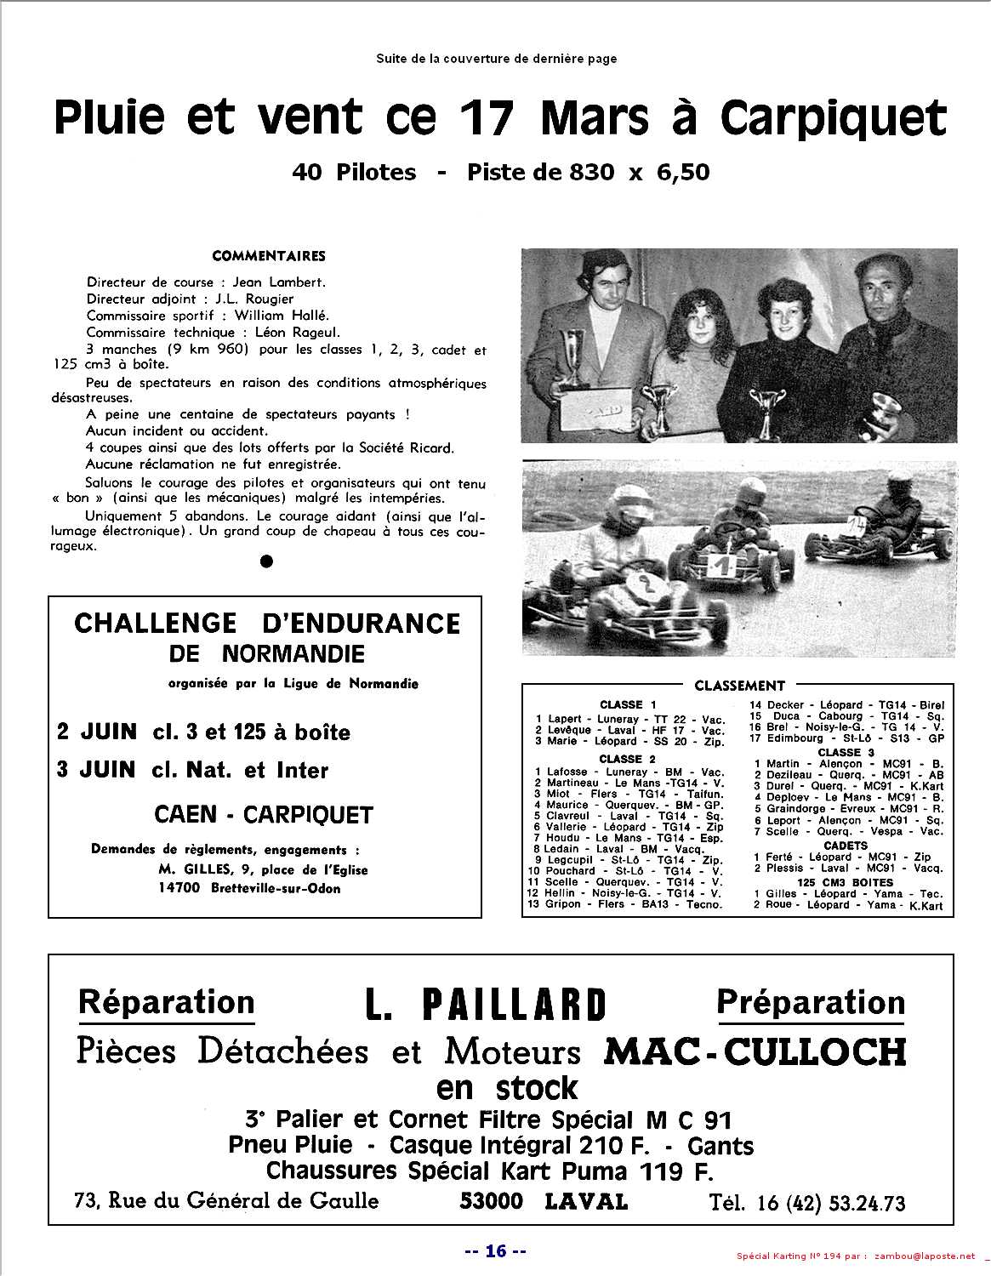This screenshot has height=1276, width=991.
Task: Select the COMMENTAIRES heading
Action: [x=269, y=256]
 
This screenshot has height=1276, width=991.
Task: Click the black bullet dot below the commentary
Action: [x=266, y=561]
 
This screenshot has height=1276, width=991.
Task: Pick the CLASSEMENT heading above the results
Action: [x=739, y=686]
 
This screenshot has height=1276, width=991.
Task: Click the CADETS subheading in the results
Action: [x=846, y=846]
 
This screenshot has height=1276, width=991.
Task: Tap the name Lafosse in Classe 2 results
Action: [x=567, y=772]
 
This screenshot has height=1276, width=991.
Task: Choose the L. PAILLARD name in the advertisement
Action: [x=486, y=1005]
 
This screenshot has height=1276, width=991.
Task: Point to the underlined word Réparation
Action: [x=166, y=1002]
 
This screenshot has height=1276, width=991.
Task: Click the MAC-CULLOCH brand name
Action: [x=755, y=1053]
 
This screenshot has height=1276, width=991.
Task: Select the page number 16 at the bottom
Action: [x=496, y=1250]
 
